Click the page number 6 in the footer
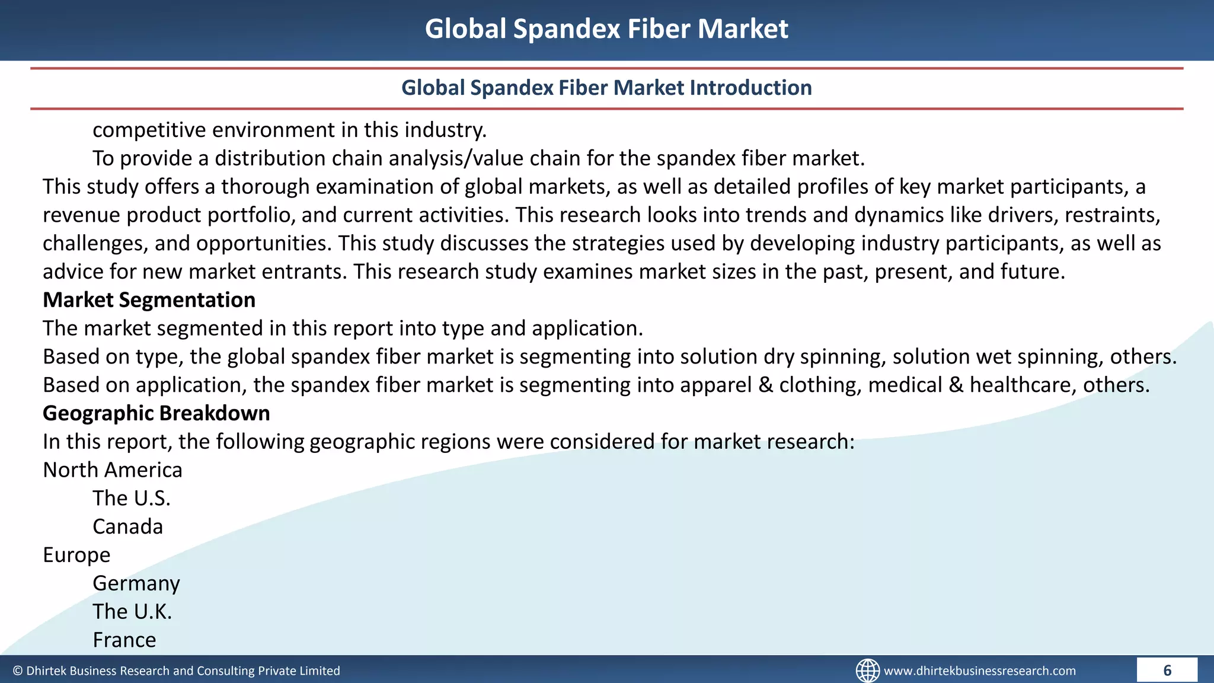[1167, 671]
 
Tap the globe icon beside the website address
[867, 671]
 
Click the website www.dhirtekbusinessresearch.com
[979, 671]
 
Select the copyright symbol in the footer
[18, 671]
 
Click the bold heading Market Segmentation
[149, 300]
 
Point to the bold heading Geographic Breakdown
[156, 413]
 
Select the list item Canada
[127, 526]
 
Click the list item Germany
[136, 583]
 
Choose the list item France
[124, 640]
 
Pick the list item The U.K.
[132, 612]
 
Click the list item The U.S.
[131, 499]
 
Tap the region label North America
[113, 470]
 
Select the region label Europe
[76, 555]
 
